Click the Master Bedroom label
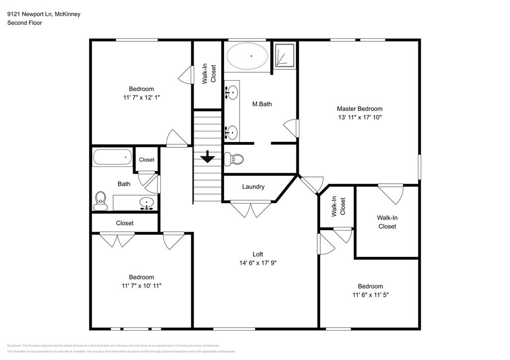(x=359, y=109)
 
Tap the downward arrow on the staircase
(x=208, y=158)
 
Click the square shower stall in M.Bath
(x=284, y=55)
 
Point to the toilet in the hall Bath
(x=101, y=200)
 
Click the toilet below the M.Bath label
(x=234, y=159)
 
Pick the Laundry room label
(x=253, y=187)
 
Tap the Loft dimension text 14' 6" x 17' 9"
(x=257, y=263)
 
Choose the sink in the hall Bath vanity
(x=147, y=202)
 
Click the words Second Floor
(x=24, y=23)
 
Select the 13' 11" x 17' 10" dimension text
(x=359, y=118)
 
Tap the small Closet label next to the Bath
(x=146, y=160)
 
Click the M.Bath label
(x=261, y=104)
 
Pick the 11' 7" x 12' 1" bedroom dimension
(x=141, y=98)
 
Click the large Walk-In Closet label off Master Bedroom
(x=387, y=222)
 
